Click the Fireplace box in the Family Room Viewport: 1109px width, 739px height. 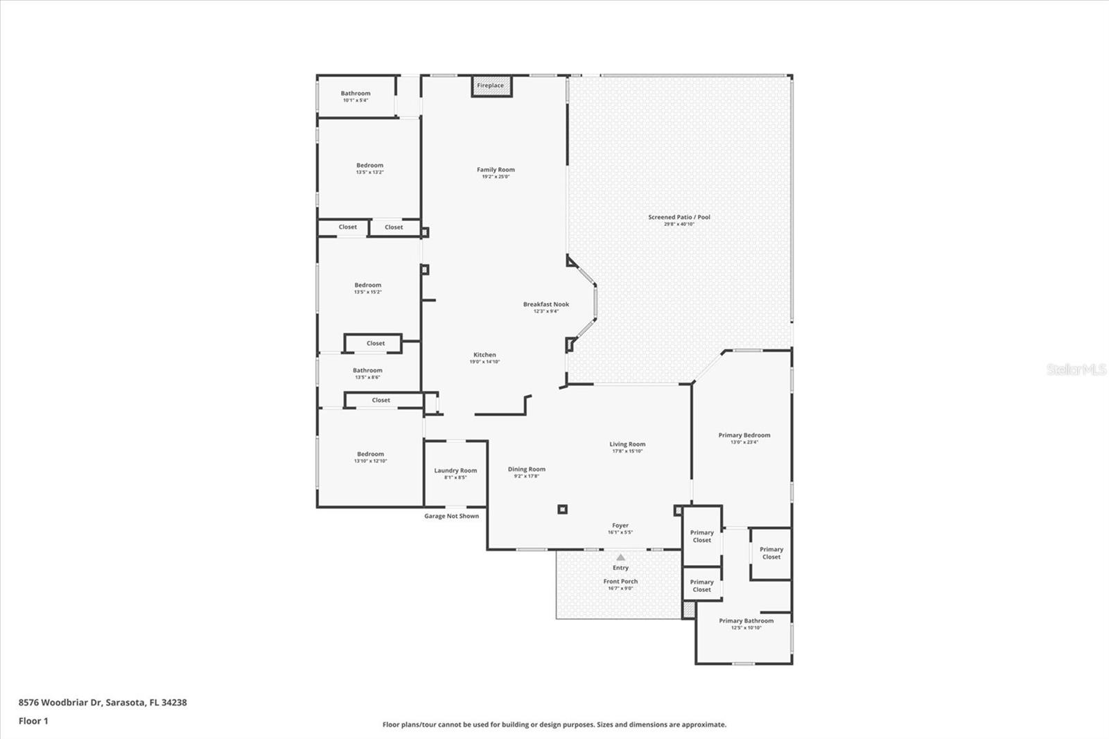click(x=491, y=86)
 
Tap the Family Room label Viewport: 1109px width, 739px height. click(x=496, y=170)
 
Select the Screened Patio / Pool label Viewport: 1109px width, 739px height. click(x=679, y=217)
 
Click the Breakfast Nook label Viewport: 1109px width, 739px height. click(x=546, y=304)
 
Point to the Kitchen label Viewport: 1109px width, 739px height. click(x=484, y=355)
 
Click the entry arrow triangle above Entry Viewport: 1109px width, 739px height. click(x=621, y=557)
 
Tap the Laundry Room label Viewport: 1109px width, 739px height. click(x=455, y=471)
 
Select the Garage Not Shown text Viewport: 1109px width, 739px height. click(x=451, y=516)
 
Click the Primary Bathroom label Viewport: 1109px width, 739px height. click(x=746, y=621)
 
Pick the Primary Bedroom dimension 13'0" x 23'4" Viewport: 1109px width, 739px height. click(x=744, y=442)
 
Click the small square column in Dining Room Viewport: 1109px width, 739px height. click(x=562, y=510)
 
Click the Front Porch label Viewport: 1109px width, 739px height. click(x=620, y=582)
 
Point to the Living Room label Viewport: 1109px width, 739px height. click(x=627, y=444)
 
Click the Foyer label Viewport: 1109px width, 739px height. click(x=620, y=526)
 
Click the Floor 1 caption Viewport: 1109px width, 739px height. click(x=33, y=721)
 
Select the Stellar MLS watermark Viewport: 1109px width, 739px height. click(x=1076, y=369)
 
